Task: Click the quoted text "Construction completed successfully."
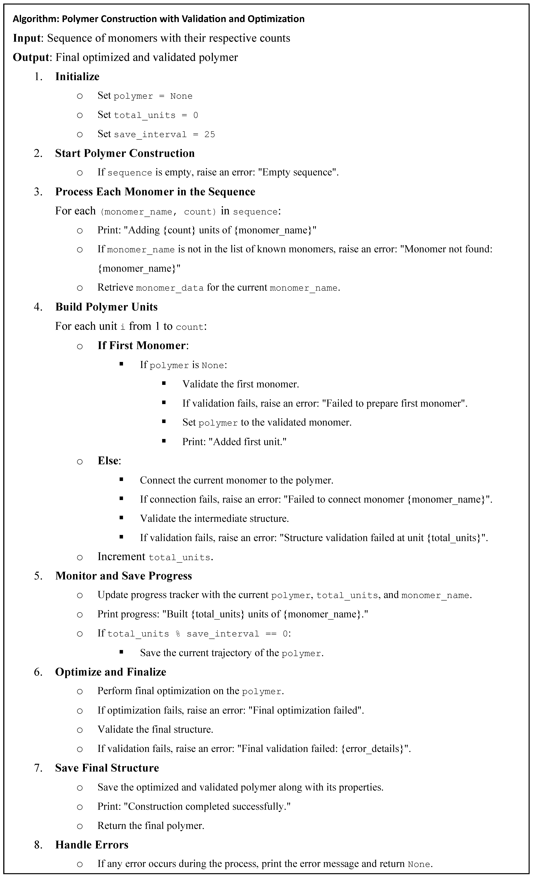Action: [208, 806]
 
